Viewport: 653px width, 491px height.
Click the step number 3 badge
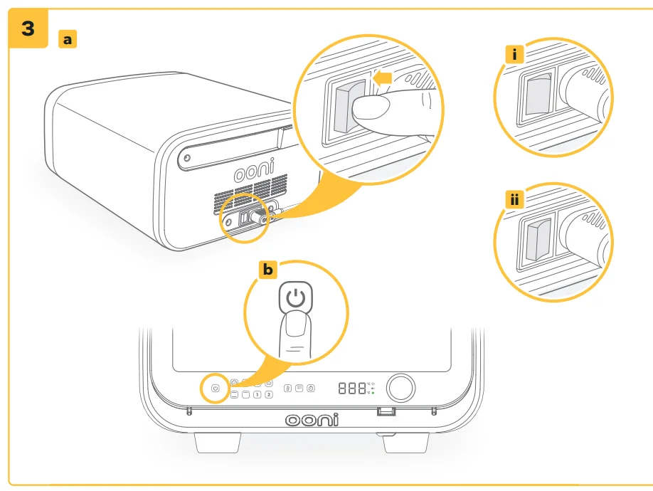pyautogui.click(x=26, y=28)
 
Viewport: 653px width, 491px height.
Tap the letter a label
pyautogui.click(x=68, y=40)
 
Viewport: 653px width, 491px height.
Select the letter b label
pyautogui.click(x=267, y=270)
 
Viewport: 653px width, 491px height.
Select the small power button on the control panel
pyautogui.click(x=215, y=389)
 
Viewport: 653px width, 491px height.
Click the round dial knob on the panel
pyautogui.click(x=401, y=388)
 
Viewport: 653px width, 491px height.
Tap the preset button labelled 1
pyautogui.click(x=256, y=394)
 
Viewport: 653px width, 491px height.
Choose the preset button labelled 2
pyautogui.click(x=269, y=394)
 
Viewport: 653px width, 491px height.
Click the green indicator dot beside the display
pyautogui.click(x=373, y=392)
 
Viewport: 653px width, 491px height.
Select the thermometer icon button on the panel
pyautogui.click(x=287, y=389)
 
